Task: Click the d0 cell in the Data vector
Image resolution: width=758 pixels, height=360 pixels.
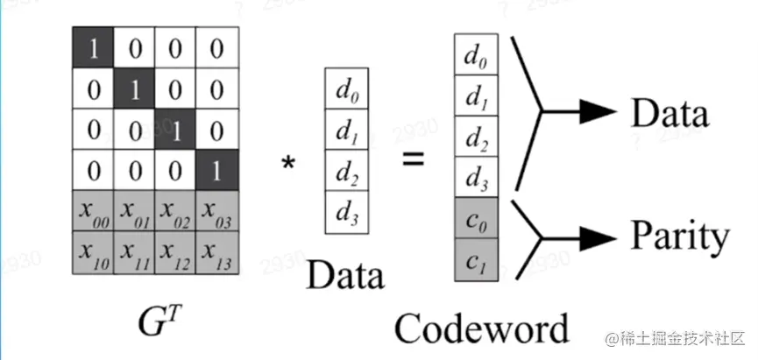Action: coord(344,90)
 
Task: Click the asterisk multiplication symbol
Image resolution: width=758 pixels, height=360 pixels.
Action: coord(287,165)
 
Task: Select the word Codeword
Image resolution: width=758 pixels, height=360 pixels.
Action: coord(480,328)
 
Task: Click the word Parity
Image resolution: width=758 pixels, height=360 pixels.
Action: coord(678,236)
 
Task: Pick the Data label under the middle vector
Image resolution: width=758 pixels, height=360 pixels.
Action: coord(345,276)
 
